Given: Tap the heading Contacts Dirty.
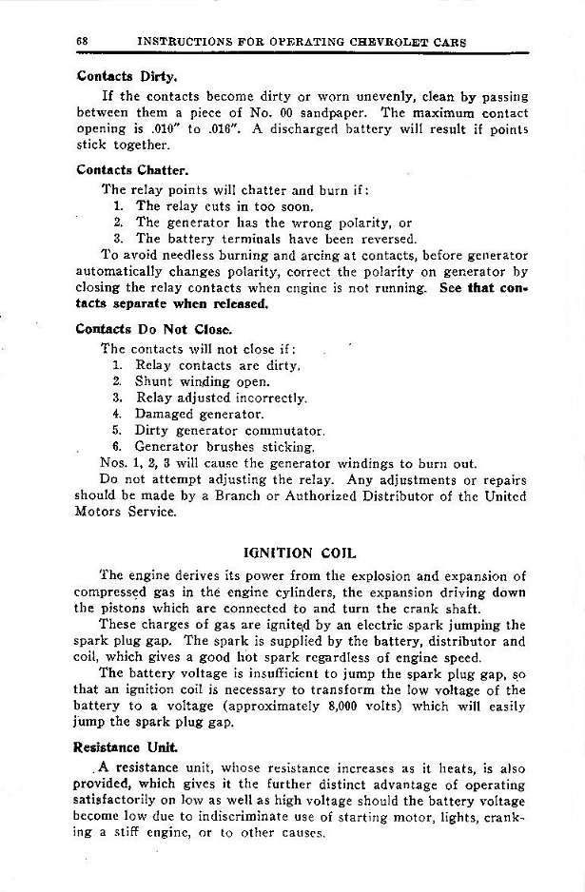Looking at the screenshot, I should coord(115,79).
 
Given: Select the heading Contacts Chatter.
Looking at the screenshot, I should coord(119,172).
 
